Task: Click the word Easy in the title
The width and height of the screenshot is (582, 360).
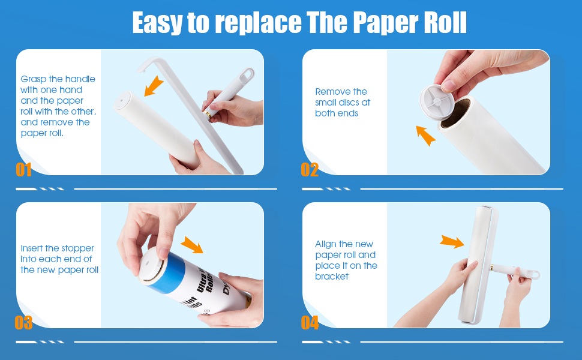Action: (x=158, y=23)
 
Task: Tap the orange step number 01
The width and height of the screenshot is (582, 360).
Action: (x=23, y=170)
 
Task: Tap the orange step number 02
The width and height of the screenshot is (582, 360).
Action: (x=310, y=170)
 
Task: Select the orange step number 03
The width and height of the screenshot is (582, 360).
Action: (x=23, y=323)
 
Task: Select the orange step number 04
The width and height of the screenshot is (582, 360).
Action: (x=310, y=323)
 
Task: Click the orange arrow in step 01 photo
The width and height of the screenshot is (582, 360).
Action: (x=154, y=85)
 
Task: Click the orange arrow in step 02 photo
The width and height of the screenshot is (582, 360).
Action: (x=425, y=135)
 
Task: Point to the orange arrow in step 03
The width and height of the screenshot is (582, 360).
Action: (x=192, y=244)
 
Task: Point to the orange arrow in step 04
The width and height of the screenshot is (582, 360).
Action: (x=451, y=242)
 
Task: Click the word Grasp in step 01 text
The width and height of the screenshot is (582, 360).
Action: (x=34, y=79)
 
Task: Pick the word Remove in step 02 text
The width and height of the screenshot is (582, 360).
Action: (x=332, y=92)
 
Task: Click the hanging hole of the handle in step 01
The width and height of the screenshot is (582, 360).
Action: (x=247, y=76)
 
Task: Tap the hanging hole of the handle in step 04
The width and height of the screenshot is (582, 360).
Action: (x=531, y=274)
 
